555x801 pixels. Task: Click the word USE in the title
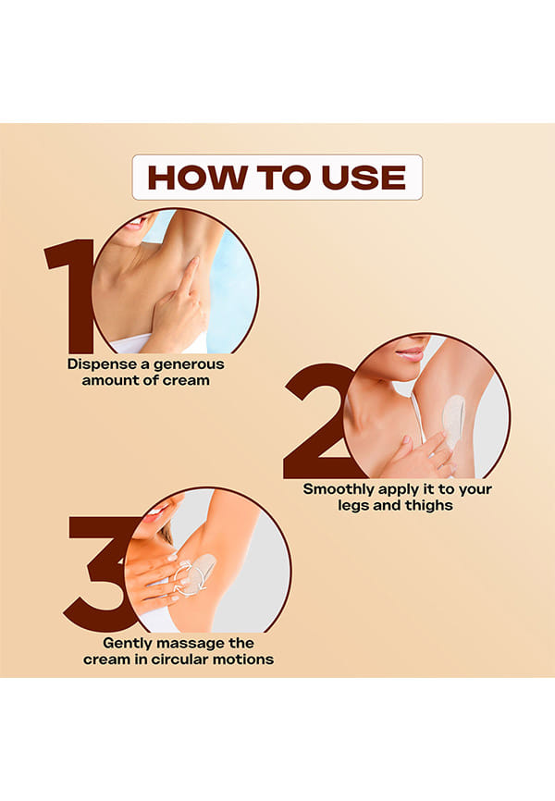pyautogui.click(x=364, y=178)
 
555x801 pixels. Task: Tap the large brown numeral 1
pyautogui.click(x=70, y=296)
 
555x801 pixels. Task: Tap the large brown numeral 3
pyautogui.click(x=100, y=574)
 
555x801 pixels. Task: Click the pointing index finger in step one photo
pyautogui.click(x=188, y=276)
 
